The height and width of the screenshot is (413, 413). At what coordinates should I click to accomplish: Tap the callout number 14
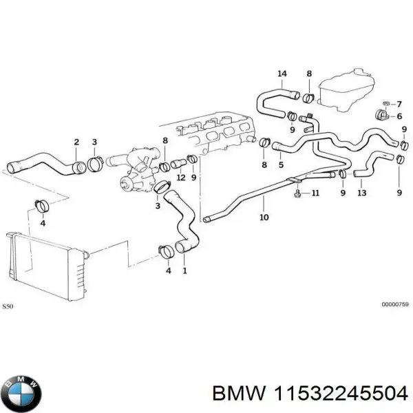[x=282, y=74]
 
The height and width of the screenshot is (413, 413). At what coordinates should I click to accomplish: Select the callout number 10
[x=264, y=219]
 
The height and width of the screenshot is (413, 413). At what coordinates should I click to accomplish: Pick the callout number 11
[x=315, y=193]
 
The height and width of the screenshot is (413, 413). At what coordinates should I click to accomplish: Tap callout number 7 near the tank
[x=399, y=103]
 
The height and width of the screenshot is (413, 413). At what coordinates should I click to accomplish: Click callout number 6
[x=399, y=116]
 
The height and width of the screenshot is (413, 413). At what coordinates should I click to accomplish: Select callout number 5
[x=281, y=165]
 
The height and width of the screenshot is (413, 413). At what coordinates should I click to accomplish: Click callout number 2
[x=76, y=142]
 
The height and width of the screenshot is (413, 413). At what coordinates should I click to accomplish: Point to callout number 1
[x=184, y=270]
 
